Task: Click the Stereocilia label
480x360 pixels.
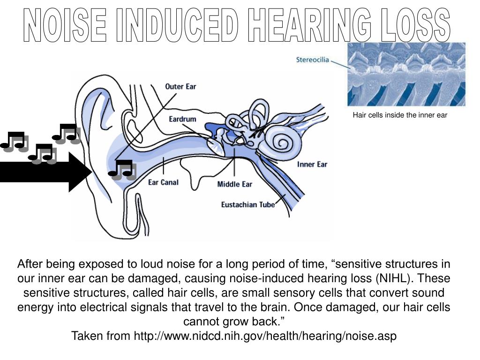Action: tap(313, 60)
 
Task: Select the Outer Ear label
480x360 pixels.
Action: tap(180, 87)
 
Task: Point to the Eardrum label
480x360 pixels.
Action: tap(182, 120)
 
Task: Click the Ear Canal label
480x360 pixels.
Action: tap(163, 182)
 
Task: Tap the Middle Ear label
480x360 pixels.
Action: tap(234, 184)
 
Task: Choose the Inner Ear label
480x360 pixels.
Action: tap(312, 165)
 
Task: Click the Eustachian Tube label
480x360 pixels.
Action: tap(247, 205)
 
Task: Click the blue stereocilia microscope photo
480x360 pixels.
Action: tap(406, 74)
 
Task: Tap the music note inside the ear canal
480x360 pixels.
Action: tap(122, 170)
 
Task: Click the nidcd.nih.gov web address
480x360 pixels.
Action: tap(265, 336)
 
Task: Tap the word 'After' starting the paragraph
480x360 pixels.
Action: tap(32, 264)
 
